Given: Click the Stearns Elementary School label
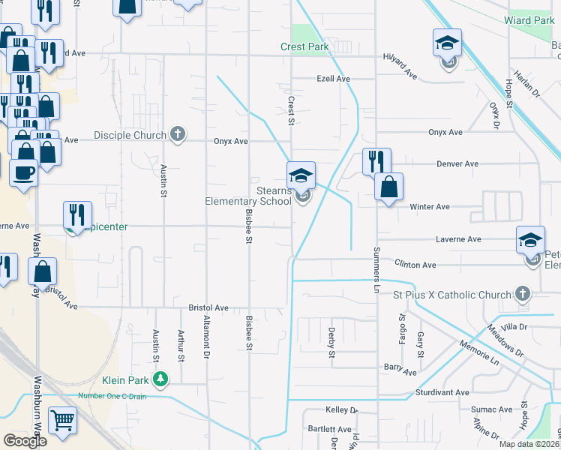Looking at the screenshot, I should pos(248,196).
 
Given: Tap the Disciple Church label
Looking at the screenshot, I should pos(130,136).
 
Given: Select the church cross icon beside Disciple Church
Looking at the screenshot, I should pos(177,135).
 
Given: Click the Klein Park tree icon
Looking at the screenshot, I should pos(159,379).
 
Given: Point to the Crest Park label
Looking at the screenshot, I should pos(305,46).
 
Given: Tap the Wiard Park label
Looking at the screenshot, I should pos(530,20).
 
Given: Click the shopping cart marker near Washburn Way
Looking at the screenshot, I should pos(62,421).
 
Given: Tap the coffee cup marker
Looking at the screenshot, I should pos(22,173).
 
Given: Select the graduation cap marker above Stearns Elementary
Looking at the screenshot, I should pos(301,175).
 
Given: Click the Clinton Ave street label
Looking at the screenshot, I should pos(415,265).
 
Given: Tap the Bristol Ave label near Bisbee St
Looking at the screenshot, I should pos(208,307).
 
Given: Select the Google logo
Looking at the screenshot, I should pos(25,441).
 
